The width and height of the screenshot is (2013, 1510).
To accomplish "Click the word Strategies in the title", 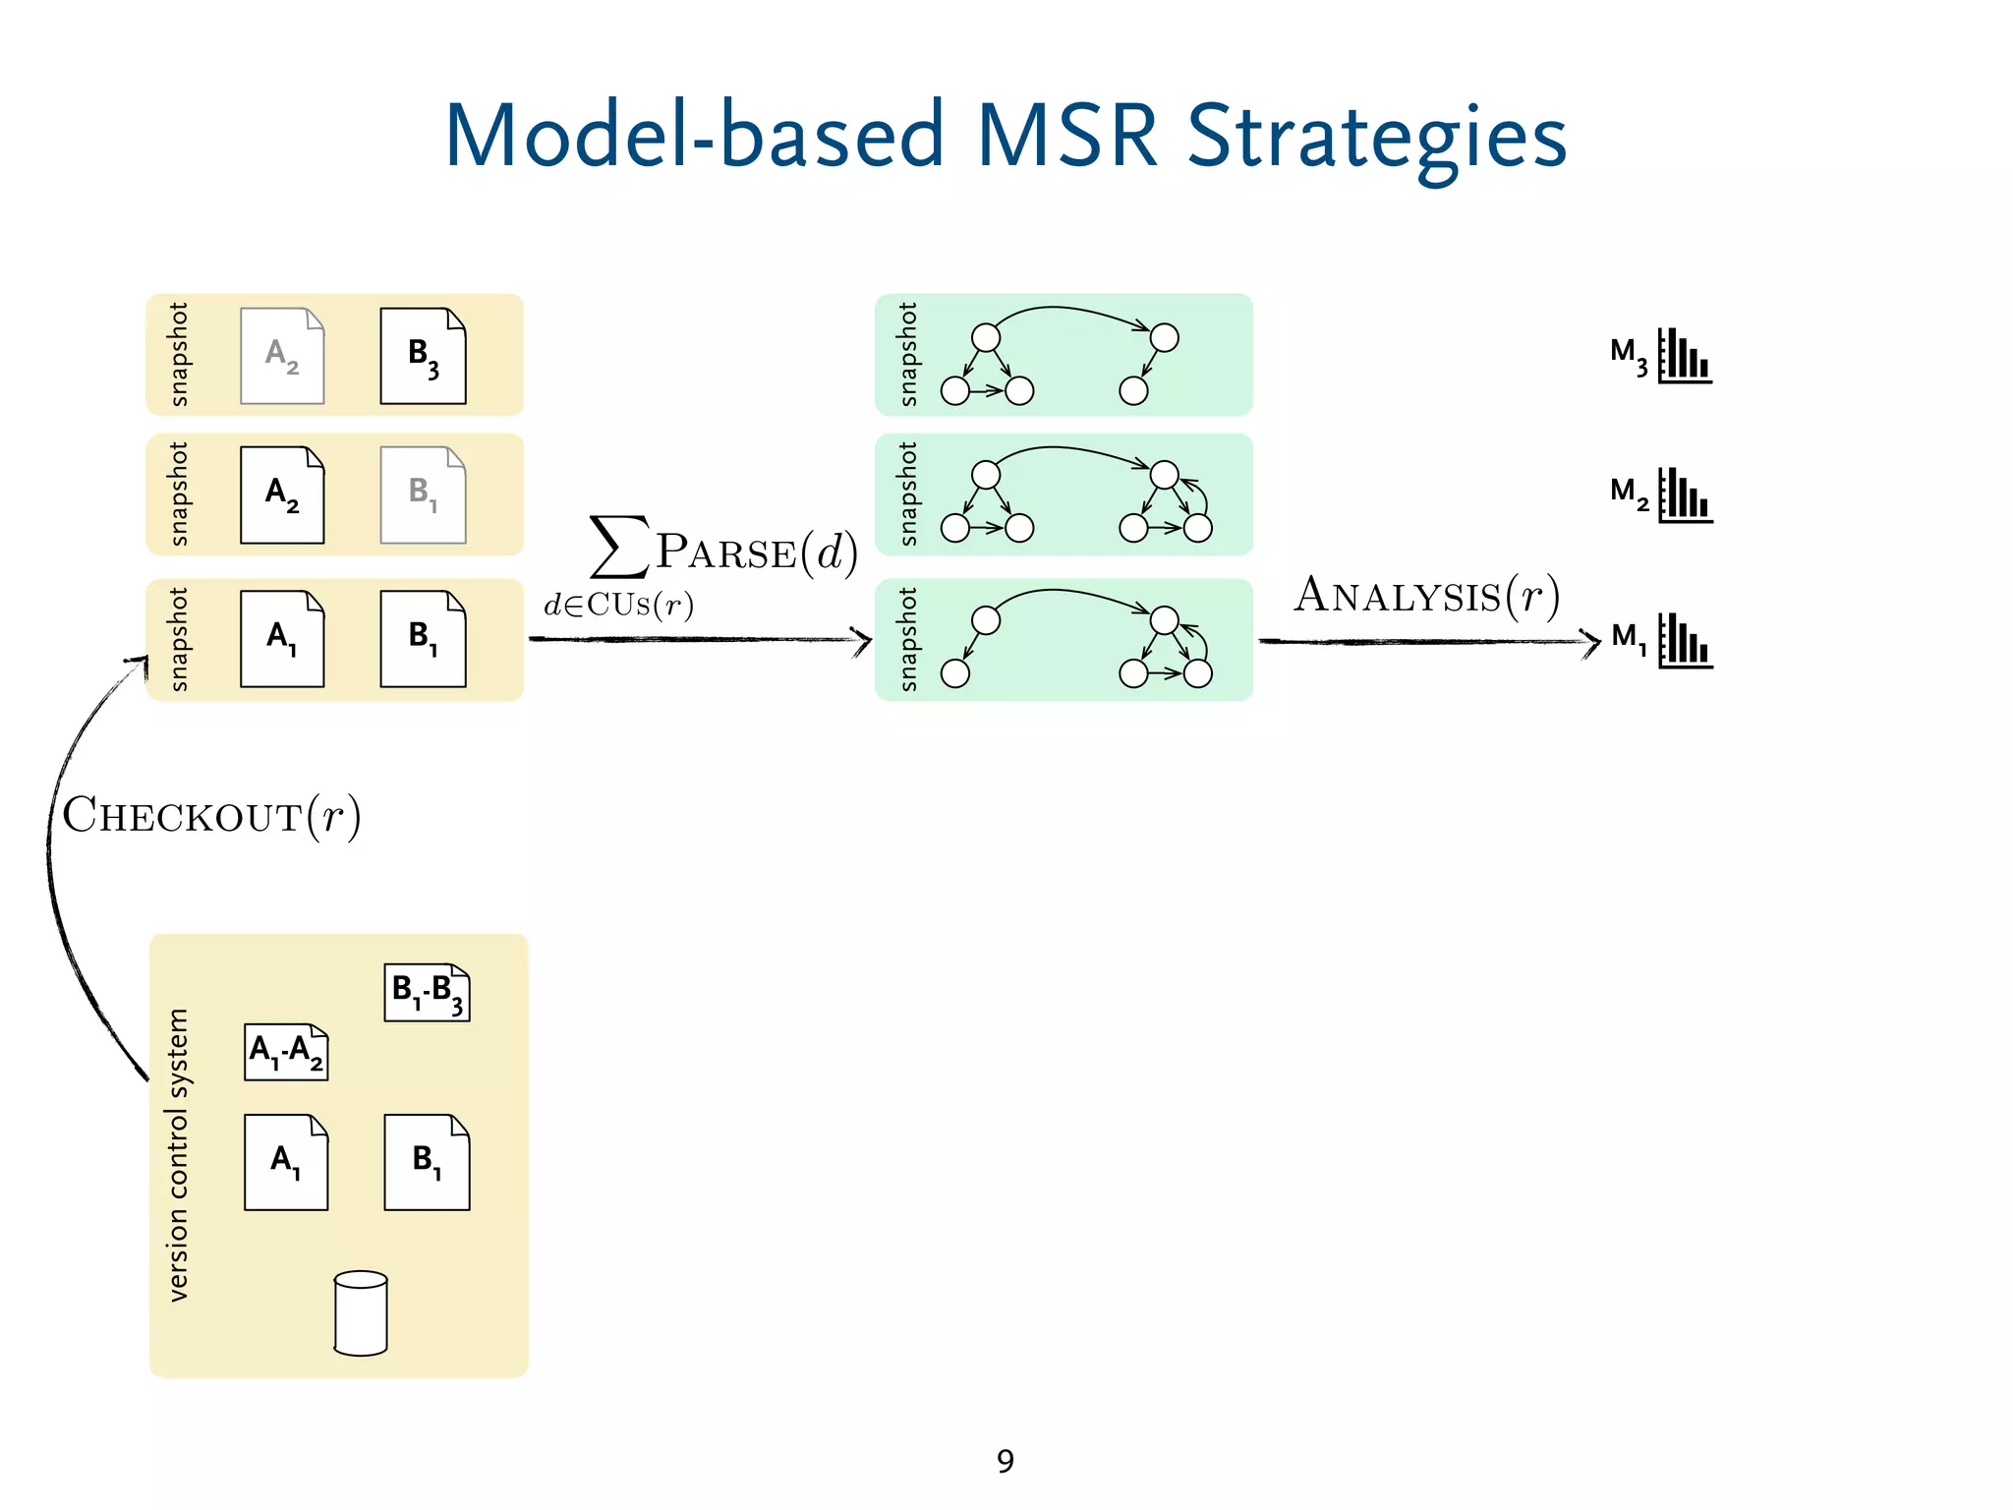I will pyautogui.click(x=1376, y=138).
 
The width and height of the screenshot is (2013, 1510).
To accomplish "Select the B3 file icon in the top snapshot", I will pyautogui.click(x=424, y=356).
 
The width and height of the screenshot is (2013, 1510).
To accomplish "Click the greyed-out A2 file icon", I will pyautogui.click(x=282, y=356).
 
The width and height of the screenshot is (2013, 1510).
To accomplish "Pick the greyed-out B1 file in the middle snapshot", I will pyautogui.click(x=424, y=494).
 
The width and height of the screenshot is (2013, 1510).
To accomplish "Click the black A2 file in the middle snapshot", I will pyautogui.click(x=282, y=494).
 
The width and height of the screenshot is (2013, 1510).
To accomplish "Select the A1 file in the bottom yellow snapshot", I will pyautogui.click(x=282, y=639).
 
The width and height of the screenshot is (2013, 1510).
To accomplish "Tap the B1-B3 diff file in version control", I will pyautogui.click(x=427, y=992).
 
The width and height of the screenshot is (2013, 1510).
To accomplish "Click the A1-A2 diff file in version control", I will pyautogui.click(x=286, y=1052).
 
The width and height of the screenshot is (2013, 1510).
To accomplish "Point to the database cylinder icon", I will pyautogui.click(x=361, y=1313).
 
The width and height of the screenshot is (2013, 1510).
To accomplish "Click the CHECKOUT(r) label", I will pyautogui.click(x=211, y=816).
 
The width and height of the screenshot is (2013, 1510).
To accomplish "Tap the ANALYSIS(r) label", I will pyautogui.click(x=1426, y=596).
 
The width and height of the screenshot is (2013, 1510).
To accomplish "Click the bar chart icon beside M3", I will pyautogui.click(x=1685, y=356).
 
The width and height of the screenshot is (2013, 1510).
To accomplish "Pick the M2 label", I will pyautogui.click(x=1629, y=492).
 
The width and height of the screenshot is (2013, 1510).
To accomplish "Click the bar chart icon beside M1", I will pyautogui.click(x=1685, y=641).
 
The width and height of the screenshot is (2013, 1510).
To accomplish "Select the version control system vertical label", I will pyautogui.click(x=178, y=1155).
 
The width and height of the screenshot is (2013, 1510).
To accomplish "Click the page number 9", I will pyautogui.click(x=1005, y=1461).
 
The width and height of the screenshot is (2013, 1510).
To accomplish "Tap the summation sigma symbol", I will pyautogui.click(x=617, y=547).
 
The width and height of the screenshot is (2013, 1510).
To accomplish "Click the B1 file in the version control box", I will pyautogui.click(x=427, y=1162).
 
